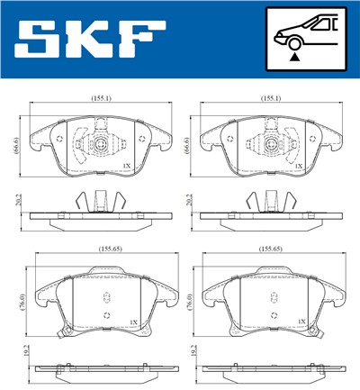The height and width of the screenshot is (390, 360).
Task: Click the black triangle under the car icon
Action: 293,56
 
